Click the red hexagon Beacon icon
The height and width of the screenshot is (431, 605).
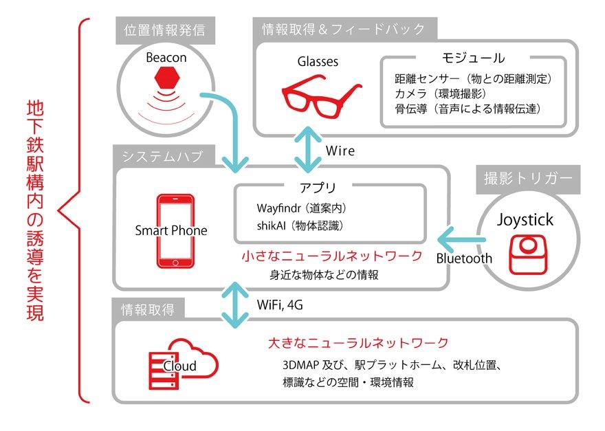(x=165, y=81)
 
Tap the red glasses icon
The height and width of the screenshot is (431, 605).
(x=322, y=95)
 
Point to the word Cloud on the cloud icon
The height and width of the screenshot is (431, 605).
(x=179, y=366)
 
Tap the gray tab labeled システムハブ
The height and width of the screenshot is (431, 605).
(x=162, y=157)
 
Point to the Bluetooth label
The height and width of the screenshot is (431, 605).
(x=464, y=258)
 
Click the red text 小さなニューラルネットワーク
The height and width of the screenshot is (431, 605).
(x=331, y=257)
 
